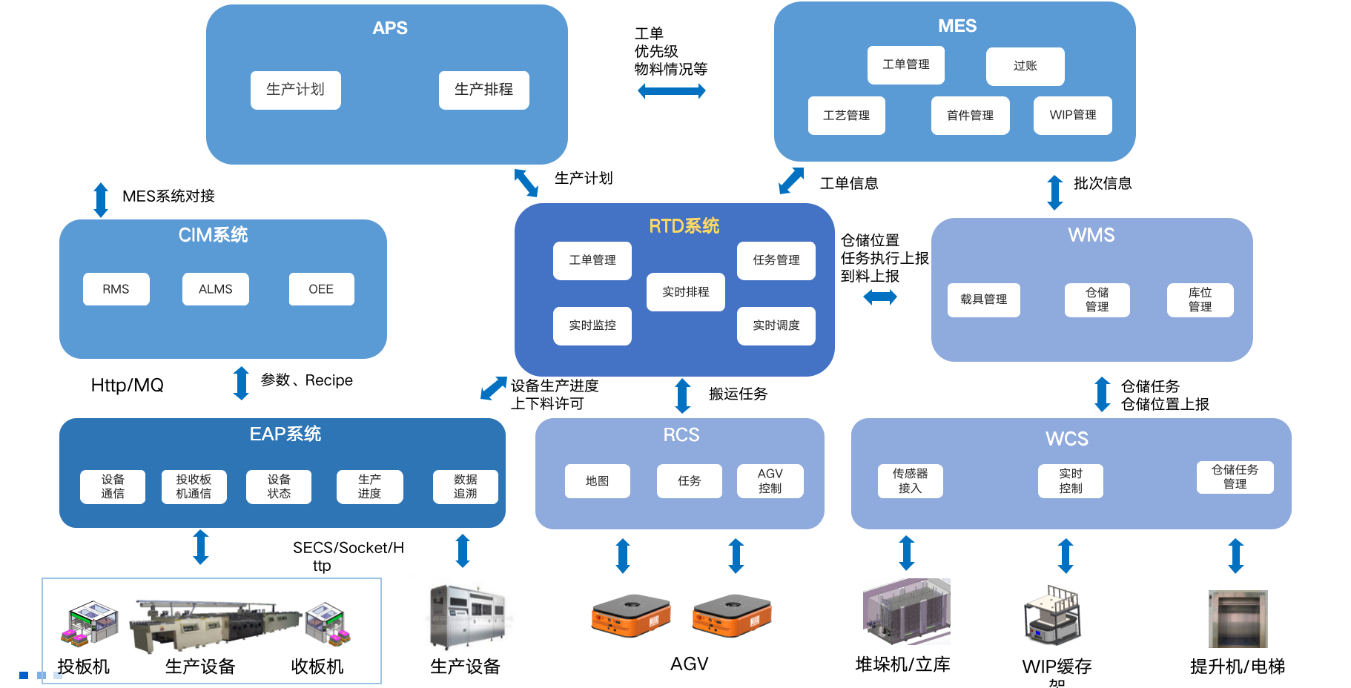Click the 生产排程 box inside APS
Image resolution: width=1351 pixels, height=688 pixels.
(x=483, y=90)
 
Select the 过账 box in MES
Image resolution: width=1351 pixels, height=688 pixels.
(x=1025, y=66)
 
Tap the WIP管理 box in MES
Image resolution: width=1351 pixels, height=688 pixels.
(x=1072, y=115)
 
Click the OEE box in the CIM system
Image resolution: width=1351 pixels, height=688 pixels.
(x=321, y=289)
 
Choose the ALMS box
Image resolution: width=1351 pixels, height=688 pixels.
(x=215, y=289)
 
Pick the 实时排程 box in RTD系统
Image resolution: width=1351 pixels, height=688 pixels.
(x=685, y=292)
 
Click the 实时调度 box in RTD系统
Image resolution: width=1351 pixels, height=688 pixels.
(x=776, y=325)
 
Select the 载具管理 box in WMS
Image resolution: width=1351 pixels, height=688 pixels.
(x=983, y=300)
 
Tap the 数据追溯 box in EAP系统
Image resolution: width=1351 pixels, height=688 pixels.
(x=465, y=486)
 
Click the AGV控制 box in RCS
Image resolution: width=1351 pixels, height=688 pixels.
(x=770, y=480)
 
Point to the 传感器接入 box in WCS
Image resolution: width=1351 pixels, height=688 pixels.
(x=910, y=480)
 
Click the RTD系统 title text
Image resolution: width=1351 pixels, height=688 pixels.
(x=684, y=226)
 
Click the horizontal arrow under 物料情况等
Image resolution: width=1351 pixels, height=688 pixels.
(x=671, y=91)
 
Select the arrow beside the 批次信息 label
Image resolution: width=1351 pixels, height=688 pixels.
(x=1054, y=192)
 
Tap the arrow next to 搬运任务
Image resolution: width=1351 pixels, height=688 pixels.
(x=683, y=395)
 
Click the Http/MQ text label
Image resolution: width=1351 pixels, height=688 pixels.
(x=127, y=386)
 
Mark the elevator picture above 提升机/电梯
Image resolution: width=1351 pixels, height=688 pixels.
(x=1238, y=618)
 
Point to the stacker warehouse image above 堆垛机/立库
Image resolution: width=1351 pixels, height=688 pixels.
(x=906, y=612)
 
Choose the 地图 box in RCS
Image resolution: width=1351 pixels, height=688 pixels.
(x=597, y=480)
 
